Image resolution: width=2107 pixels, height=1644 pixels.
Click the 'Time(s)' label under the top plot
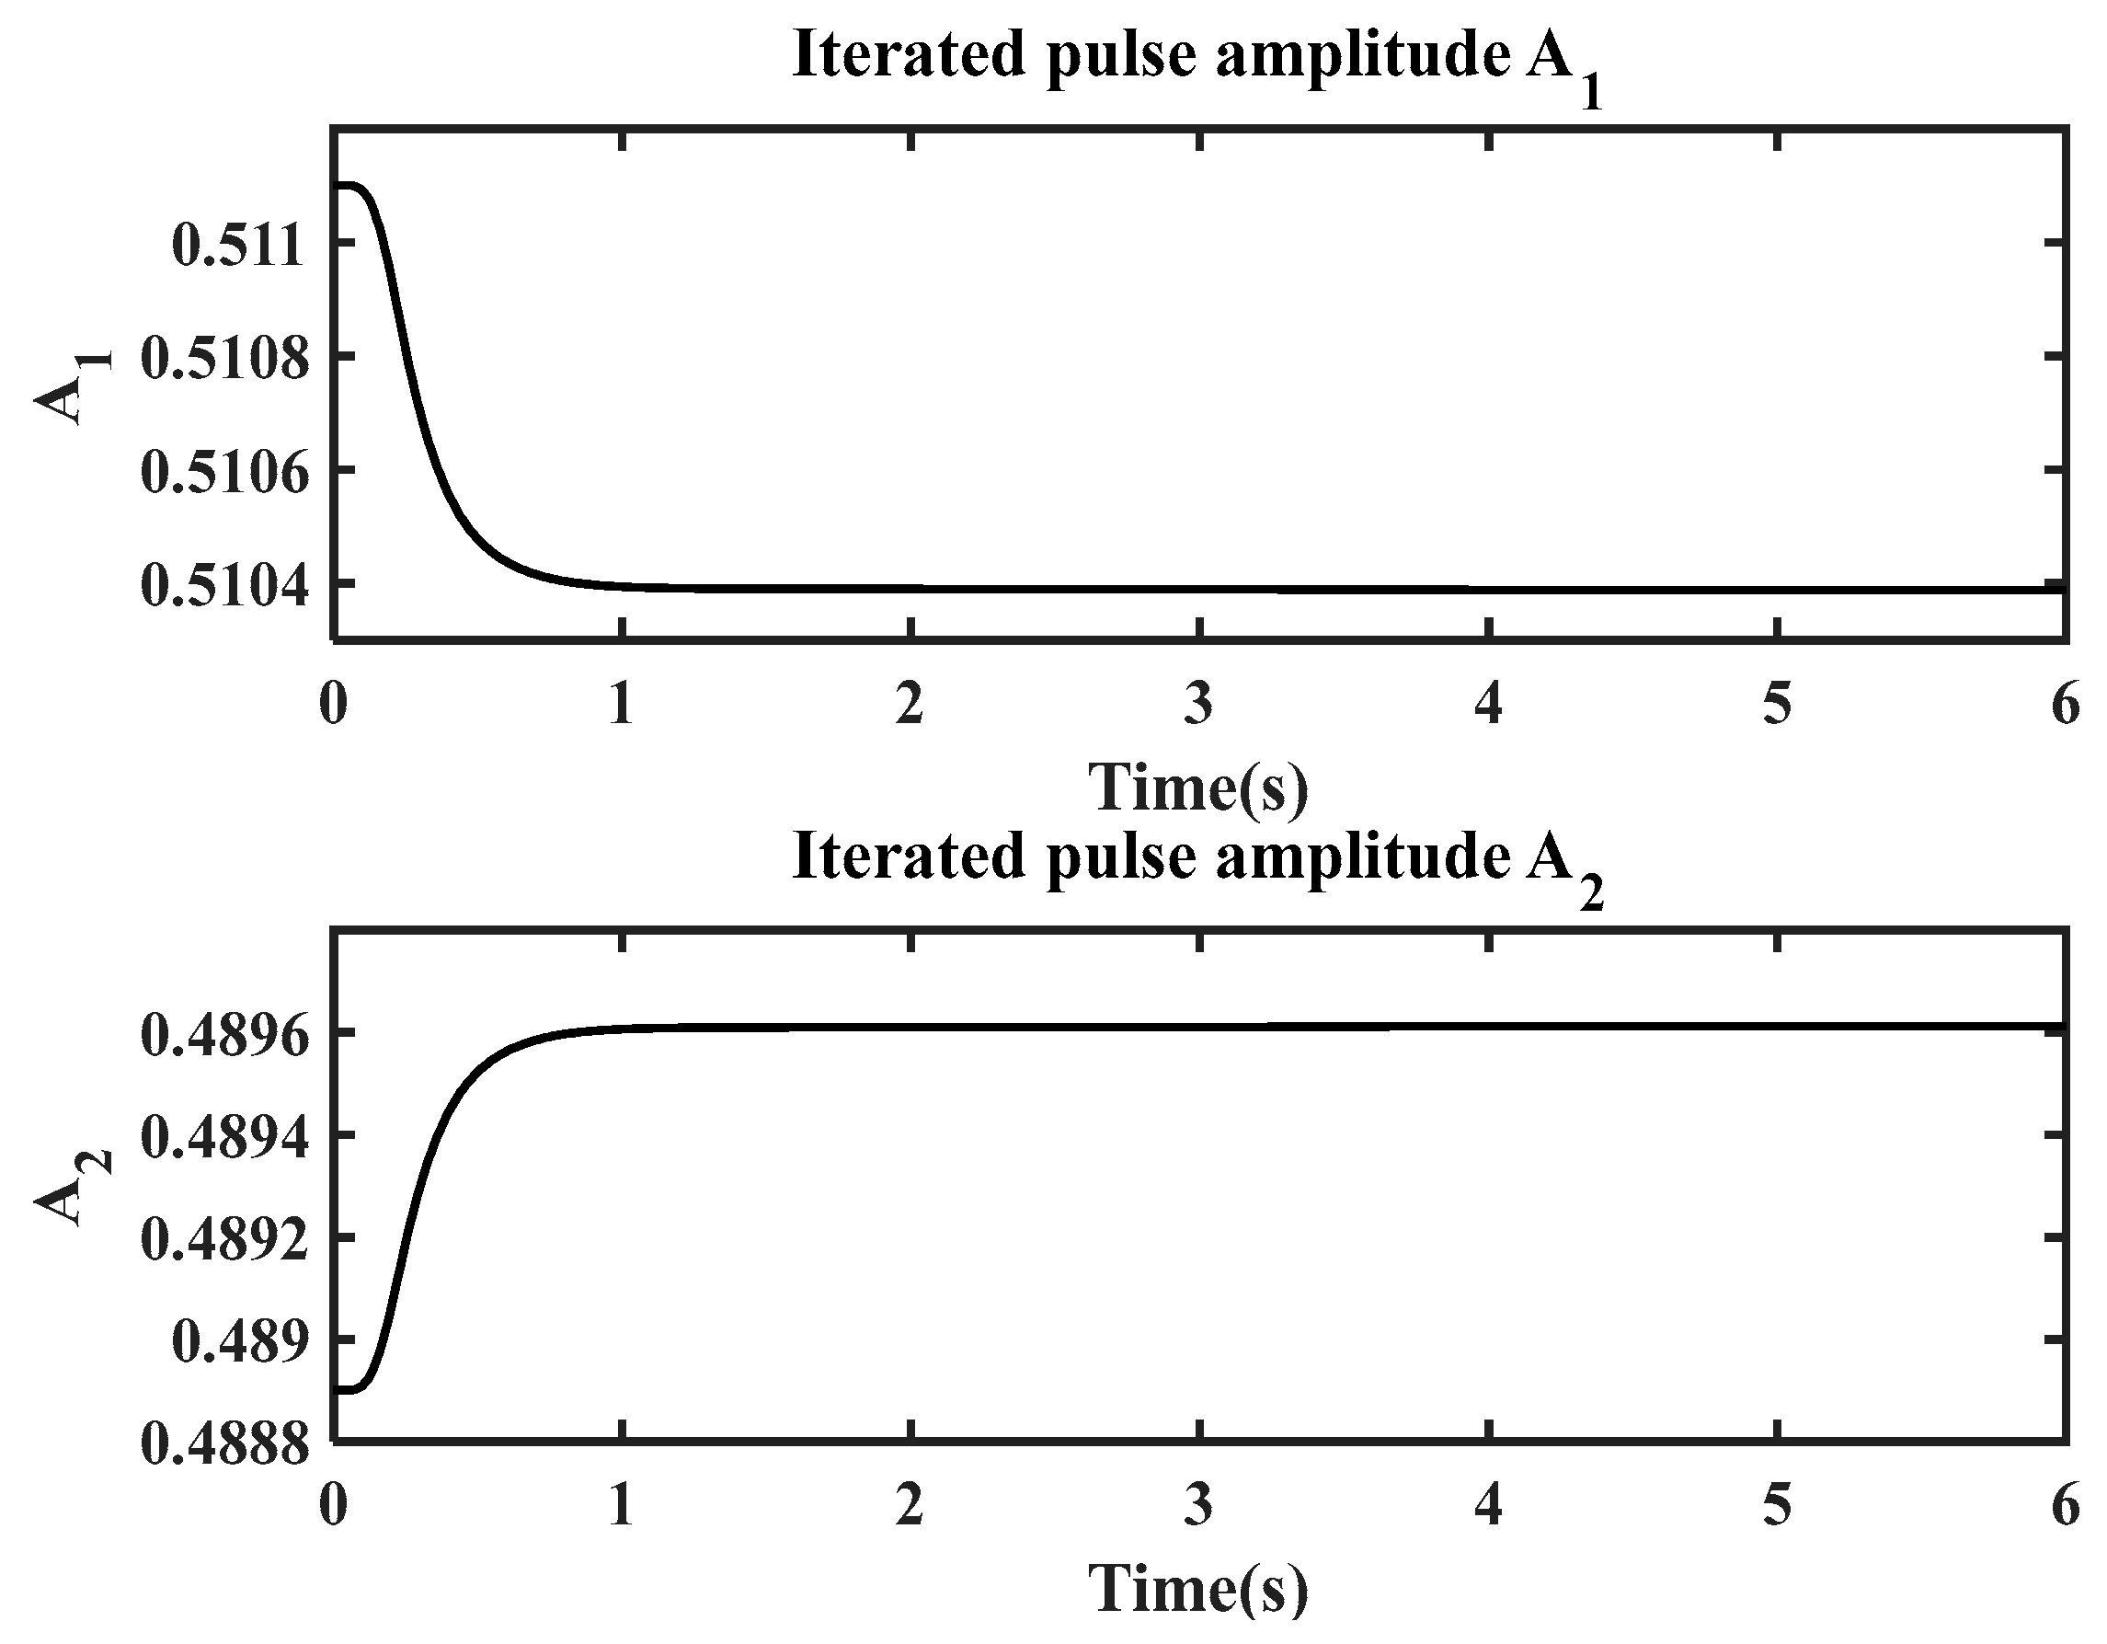(1199, 788)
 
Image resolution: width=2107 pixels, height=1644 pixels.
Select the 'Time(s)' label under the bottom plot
(1199, 1588)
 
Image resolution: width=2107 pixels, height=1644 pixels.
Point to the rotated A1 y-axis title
(73, 385)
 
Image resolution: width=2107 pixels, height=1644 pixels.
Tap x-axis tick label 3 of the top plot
(1199, 706)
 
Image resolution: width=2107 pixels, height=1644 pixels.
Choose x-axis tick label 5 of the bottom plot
(1777, 1506)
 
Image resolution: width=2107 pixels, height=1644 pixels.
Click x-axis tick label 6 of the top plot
(2066, 706)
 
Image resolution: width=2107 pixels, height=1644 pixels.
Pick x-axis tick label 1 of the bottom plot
(623, 1506)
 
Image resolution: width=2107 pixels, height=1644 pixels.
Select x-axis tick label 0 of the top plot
(334, 706)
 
